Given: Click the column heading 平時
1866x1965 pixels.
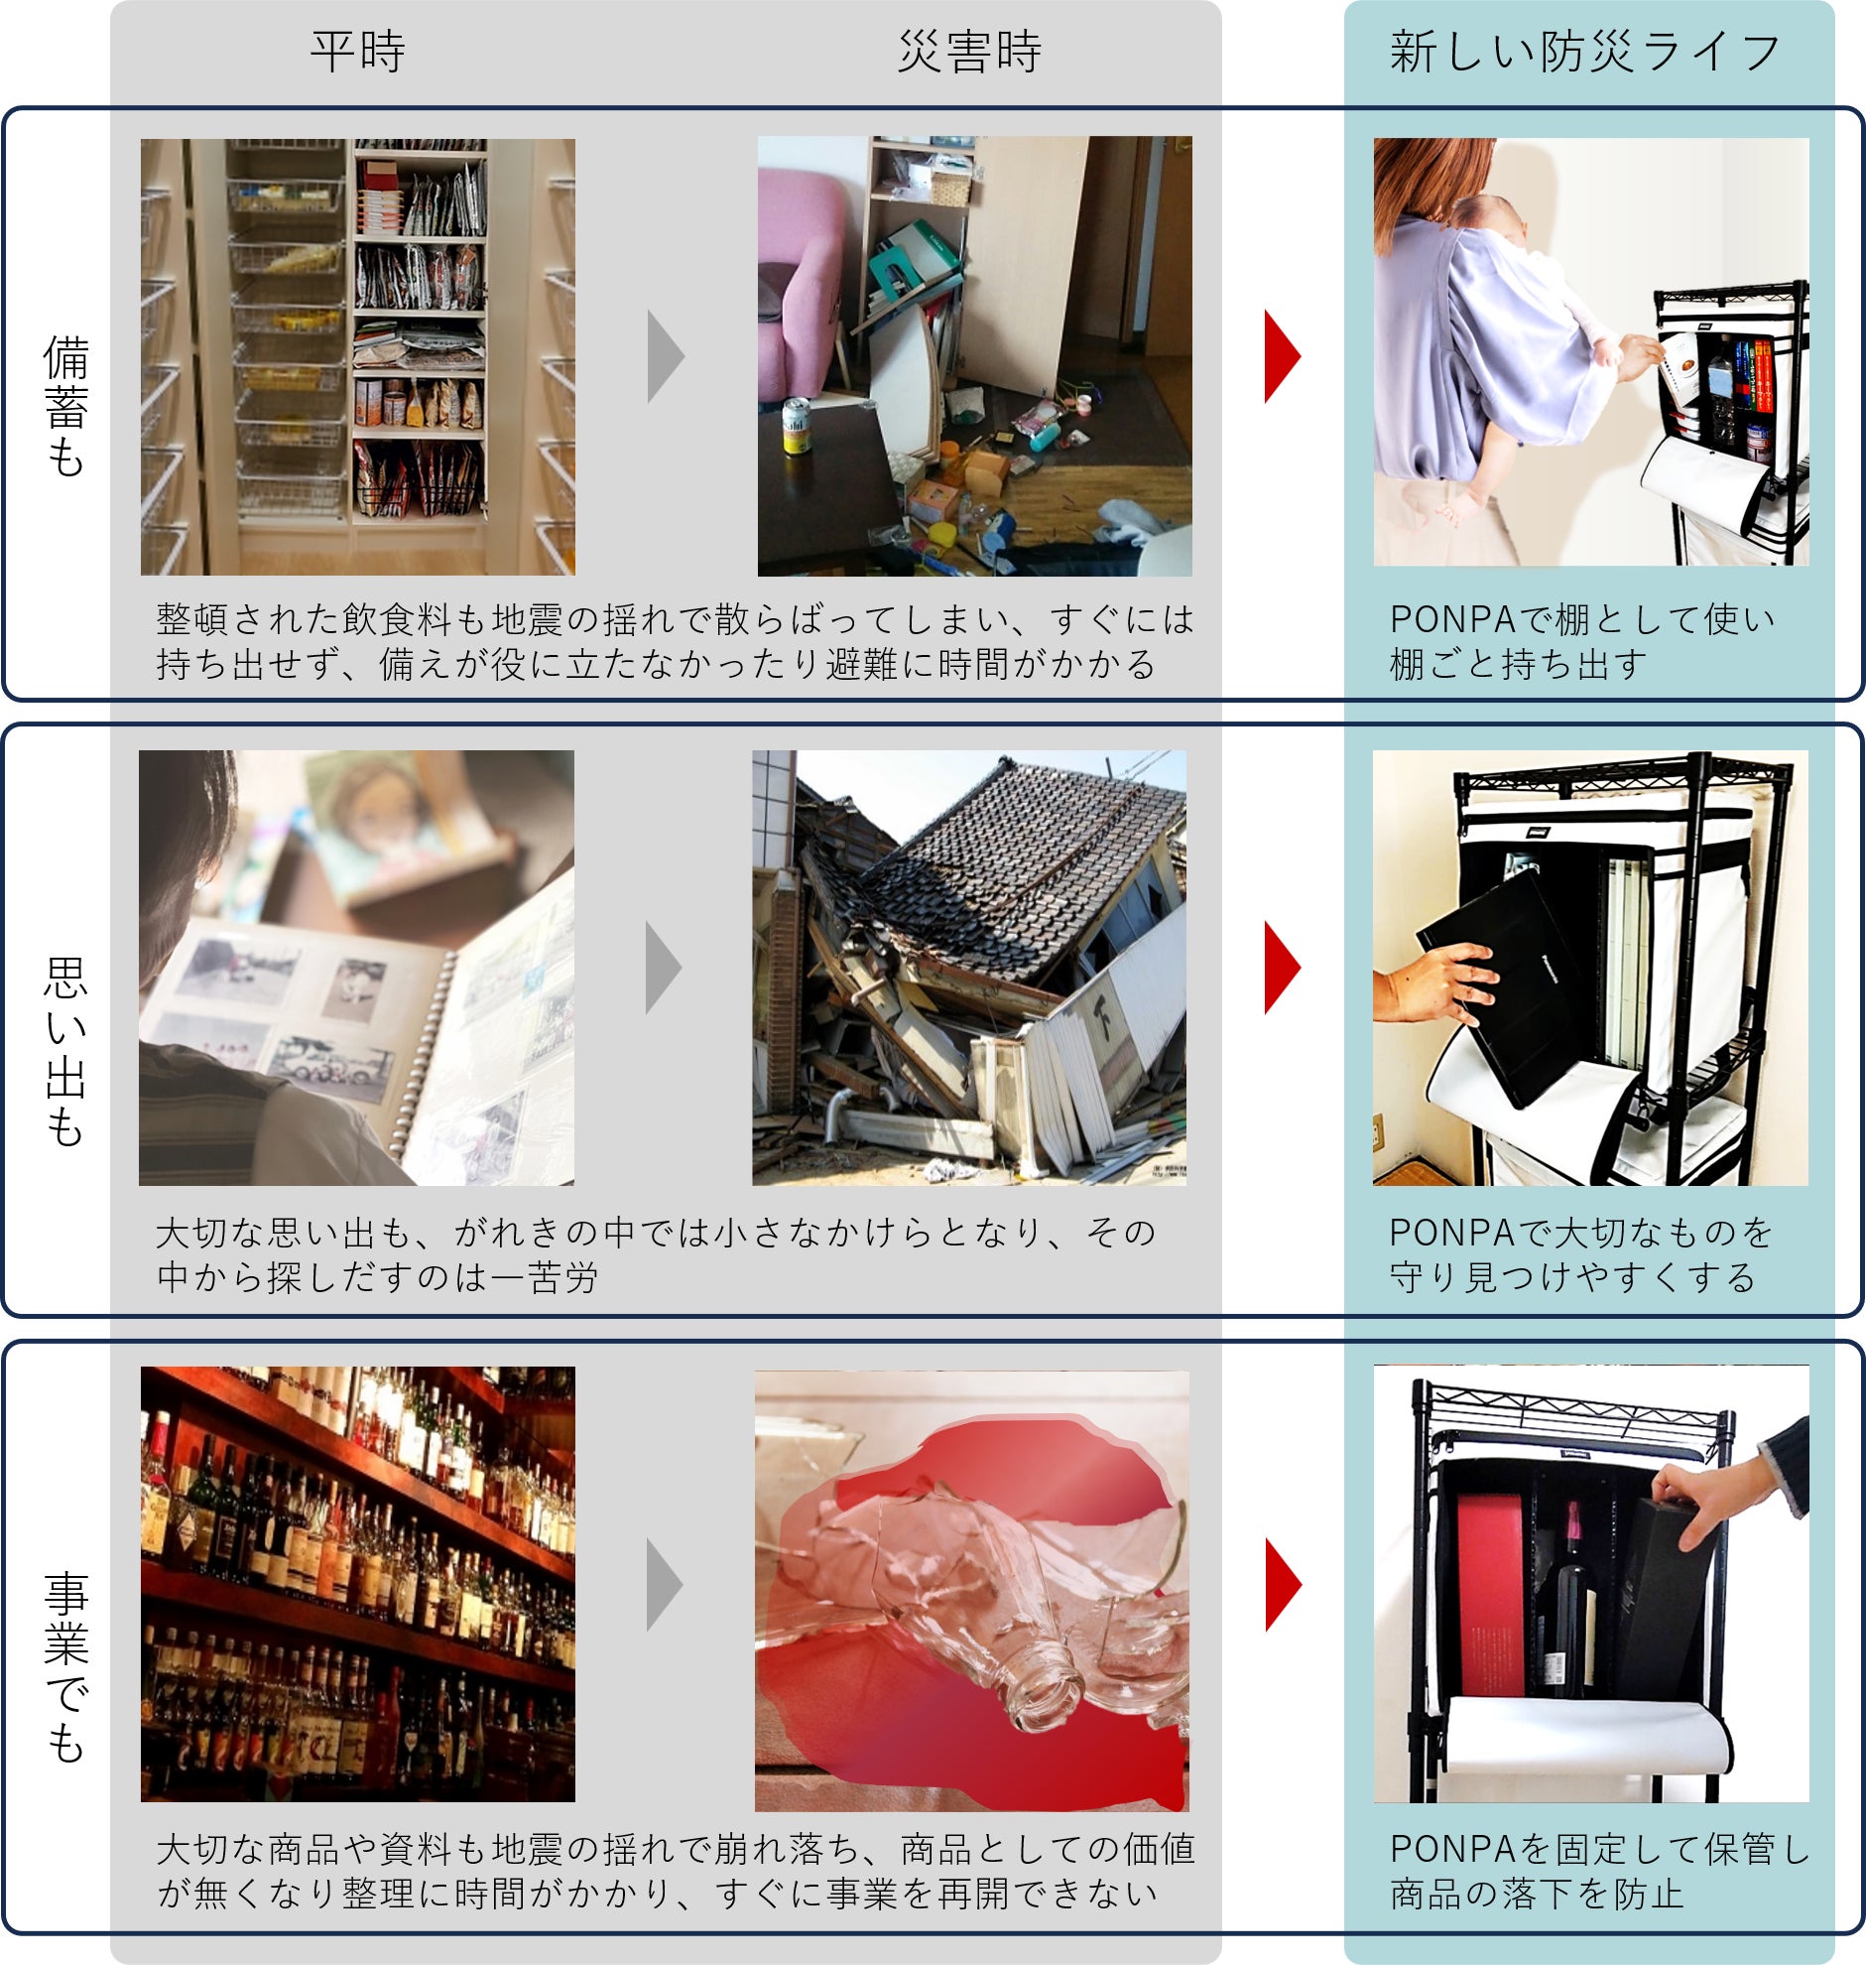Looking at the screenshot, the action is pyautogui.click(x=357, y=52).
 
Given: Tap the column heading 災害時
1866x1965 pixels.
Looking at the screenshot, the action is pyautogui.click(x=969, y=52).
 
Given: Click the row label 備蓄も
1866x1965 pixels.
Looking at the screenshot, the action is pyautogui.click(x=66, y=407).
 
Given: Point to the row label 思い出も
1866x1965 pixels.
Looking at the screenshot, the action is pyautogui.click(x=66, y=1052).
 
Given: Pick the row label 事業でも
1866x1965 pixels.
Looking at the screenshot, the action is pyautogui.click(x=66, y=1667).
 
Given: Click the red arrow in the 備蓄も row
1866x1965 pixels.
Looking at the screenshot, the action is pyautogui.click(x=1282, y=356).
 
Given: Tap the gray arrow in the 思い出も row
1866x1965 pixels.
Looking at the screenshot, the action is pyautogui.click(x=664, y=968).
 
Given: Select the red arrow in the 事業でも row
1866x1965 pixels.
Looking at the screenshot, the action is pyautogui.click(x=1283, y=1585).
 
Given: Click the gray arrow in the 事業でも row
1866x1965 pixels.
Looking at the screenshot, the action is pyautogui.click(x=665, y=1585).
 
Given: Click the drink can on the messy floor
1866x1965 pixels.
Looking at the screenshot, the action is pyautogui.click(x=796, y=426).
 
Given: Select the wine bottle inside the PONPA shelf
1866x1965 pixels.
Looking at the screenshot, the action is pyautogui.click(x=1566, y=1601).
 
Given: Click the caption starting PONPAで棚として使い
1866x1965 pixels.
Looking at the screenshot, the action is pyautogui.click(x=1581, y=642).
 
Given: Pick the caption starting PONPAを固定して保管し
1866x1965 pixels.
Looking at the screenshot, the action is pyautogui.click(x=1598, y=1872).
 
